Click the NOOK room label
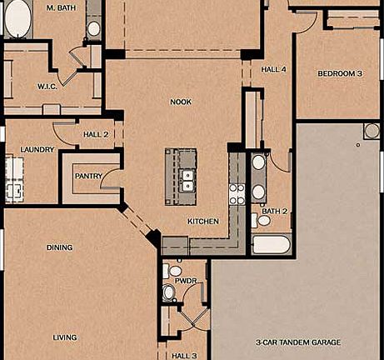click(x=181, y=101)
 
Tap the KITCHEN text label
click(x=203, y=222)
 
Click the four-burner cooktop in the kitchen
click(x=237, y=194)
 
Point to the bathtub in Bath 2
click(x=271, y=245)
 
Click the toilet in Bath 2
click(x=254, y=221)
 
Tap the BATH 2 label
click(x=274, y=212)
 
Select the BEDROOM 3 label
click(x=340, y=74)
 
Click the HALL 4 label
click(x=274, y=69)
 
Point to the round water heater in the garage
click(x=371, y=131)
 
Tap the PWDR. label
click(x=186, y=281)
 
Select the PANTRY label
click(x=88, y=176)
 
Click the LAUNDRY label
click(x=37, y=150)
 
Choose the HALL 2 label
click(x=97, y=134)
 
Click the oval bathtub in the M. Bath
click(x=16, y=18)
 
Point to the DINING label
click(x=59, y=247)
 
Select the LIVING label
click(x=65, y=337)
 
